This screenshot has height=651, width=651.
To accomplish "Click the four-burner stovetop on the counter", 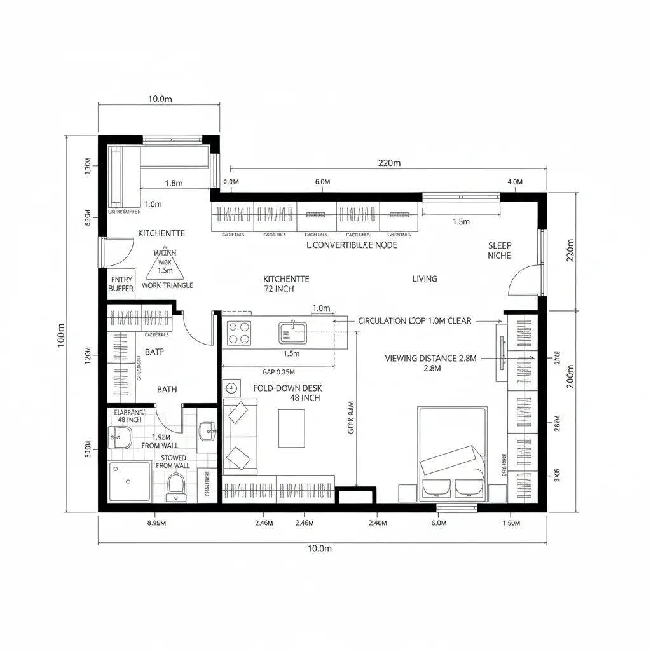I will tap(239, 332).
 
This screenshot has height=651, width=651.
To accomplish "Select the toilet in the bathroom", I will tap(175, 487).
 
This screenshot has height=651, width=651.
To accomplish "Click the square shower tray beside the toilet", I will tap(130, 481).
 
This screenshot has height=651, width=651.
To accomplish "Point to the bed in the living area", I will tap(452, 453).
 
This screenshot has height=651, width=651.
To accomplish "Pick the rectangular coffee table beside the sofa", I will tap(291, 428).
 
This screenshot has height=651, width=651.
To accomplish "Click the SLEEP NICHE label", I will tap(499, 250).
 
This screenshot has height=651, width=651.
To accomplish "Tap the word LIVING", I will tap(425, 278).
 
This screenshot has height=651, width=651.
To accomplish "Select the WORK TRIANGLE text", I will tap(167, 285).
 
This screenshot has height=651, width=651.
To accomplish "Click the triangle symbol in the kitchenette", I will tap(165, 264).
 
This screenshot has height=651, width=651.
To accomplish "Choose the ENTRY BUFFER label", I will tap(121, 284).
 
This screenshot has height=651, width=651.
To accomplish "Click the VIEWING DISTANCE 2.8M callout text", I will tap(430, 358).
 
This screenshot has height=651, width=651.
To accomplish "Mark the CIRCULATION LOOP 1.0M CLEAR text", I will tap(415, 321).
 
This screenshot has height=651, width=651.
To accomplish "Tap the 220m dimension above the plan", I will tap(389, 163).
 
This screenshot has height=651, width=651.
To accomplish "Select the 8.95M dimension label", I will tap(156, 523).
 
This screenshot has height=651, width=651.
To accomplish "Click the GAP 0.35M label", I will tap(278, 373).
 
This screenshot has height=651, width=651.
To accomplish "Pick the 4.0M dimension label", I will tap(515, 182).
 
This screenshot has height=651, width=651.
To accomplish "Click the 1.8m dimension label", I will tap(174, 183).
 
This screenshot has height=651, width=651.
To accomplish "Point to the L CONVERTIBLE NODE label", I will tap(352, 245).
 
